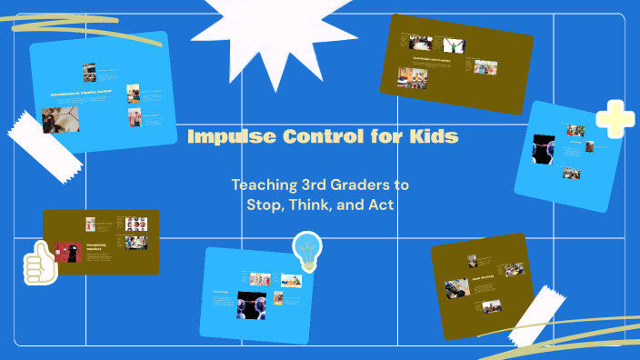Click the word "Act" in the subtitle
[x=381, y=205]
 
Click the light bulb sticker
[x=307, y=250]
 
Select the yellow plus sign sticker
[x=615, y=119]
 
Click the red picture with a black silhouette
[x=68, y=252]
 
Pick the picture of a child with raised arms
[x=453, y=44]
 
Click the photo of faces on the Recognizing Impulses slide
[x=135, y=224]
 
